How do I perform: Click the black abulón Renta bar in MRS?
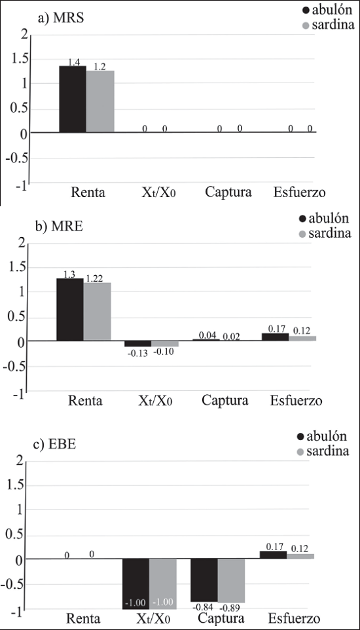tap(73, 100)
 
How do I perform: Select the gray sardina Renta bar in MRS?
tap(100, 102)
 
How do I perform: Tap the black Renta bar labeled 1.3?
tap(70, 310)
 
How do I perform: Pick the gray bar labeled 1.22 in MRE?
tap(98, 312)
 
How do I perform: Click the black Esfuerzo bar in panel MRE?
tap(275, 337)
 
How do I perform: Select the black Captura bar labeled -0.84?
tap(204, 580)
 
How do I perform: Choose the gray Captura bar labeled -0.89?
tap(231, 581)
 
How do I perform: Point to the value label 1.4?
tap(74, 62)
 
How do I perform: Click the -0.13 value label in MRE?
tap(137, 352)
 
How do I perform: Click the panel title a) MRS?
tap(61, 19)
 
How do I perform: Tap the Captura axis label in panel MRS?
tap(228, 192)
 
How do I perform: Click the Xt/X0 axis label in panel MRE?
tap(154, 401)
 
